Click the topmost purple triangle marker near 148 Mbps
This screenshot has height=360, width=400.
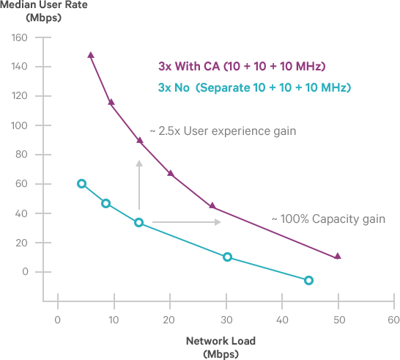point(91,55)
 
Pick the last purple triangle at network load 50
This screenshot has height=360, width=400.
point(338,257)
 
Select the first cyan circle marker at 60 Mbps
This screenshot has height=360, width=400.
point(82,184)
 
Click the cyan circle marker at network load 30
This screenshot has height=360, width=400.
point(227,257)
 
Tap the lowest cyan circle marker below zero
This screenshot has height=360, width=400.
point(308,280)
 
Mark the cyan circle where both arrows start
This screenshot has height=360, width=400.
point(139,222)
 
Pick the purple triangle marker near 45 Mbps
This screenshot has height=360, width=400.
point(212,206)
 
